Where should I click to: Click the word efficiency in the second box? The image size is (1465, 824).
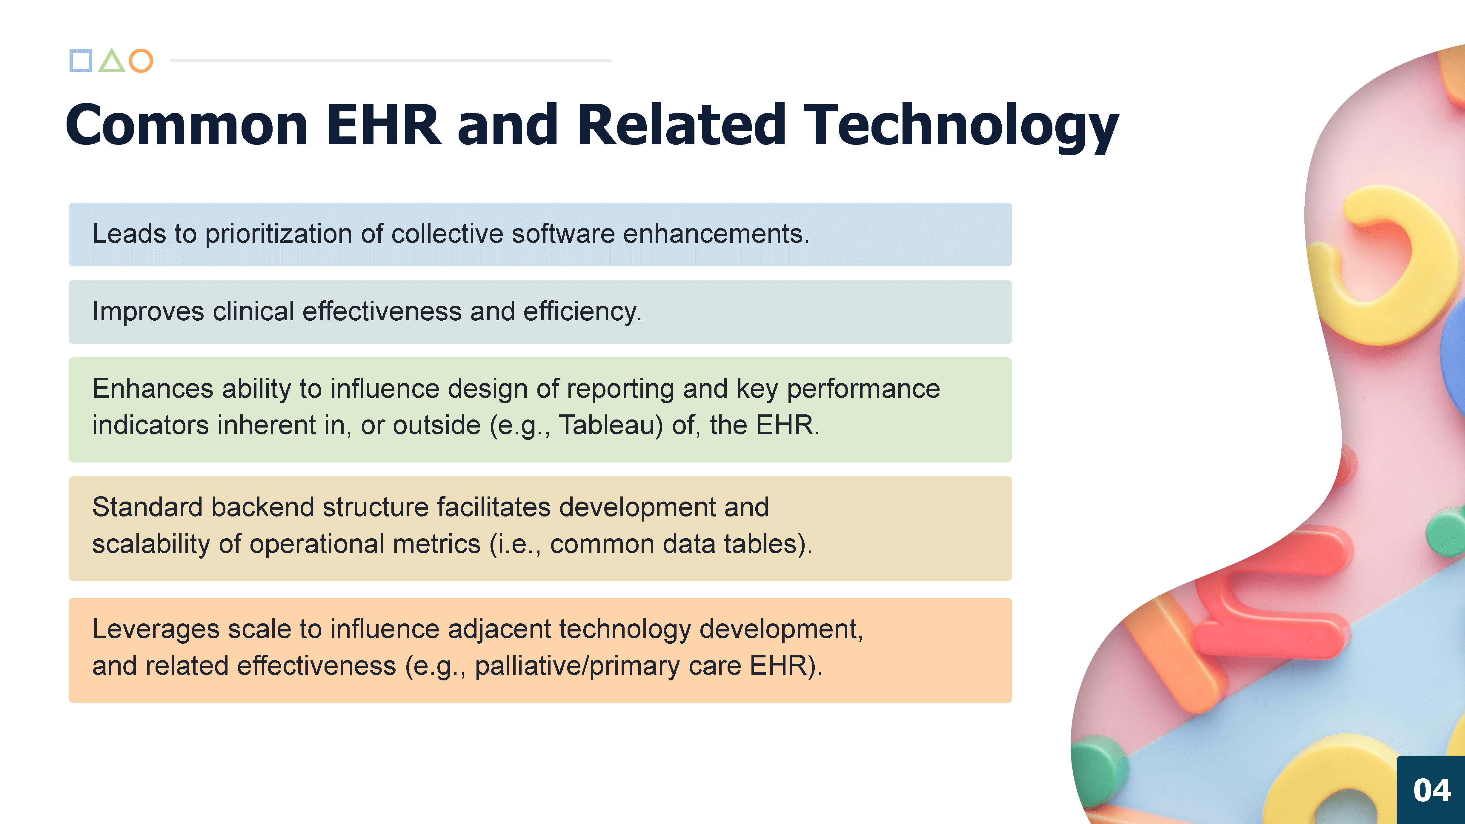pyautogui.click(x=582, y=312)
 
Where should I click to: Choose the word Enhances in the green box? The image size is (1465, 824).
pyautogui.click(x=153, y=389)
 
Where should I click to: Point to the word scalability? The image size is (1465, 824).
pyautogui.click(x=151, y=544)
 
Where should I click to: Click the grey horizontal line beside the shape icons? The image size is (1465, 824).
pyautogui.click(x=391, y=60)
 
